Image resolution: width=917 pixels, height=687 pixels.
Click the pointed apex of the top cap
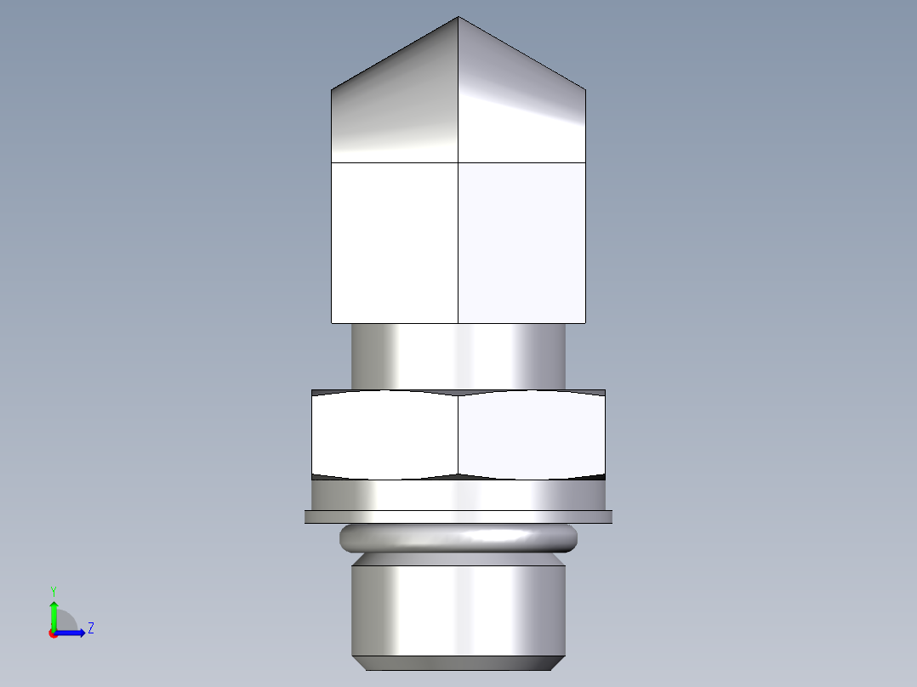pyautogui.click(x=458, y=18)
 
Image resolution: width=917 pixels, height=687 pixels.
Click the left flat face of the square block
pyautogui.click(x=395, y=242)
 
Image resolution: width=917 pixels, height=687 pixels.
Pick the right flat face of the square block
pyautogui.click(x=521, y=242)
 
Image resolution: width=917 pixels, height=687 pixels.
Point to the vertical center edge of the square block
pyautogui.click(x=458, y=242)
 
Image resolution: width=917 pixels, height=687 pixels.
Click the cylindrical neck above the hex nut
pyautogui.click(x=458, y=356)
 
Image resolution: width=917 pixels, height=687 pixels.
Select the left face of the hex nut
pyautogui.click(x=385, y=434)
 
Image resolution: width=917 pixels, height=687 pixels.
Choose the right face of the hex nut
pyautogui.click(x=532, y=434)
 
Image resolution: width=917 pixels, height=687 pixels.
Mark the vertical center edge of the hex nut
pyautogui.click(x=458, y=434)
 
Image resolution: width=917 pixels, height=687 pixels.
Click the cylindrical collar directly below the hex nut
pyautogui.click(x=458, y=494)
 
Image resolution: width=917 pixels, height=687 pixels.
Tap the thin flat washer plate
pyautogui.click(x=458, y=516)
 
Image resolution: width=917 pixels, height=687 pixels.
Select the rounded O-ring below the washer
pyautogui.click(x=458, y=538)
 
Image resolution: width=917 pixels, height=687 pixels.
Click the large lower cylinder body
pyautogui.click(x=458, y=608)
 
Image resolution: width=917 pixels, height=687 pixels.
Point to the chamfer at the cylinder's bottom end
pyautogui.click(x=458, y=663)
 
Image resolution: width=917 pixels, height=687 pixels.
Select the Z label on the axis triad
pyautogui.click(x=90, y=628)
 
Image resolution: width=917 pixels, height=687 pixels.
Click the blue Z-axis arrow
pyautogui.click(x=71, y=633)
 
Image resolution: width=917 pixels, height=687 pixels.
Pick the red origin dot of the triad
pyautogui.click(x=53, y=633)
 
